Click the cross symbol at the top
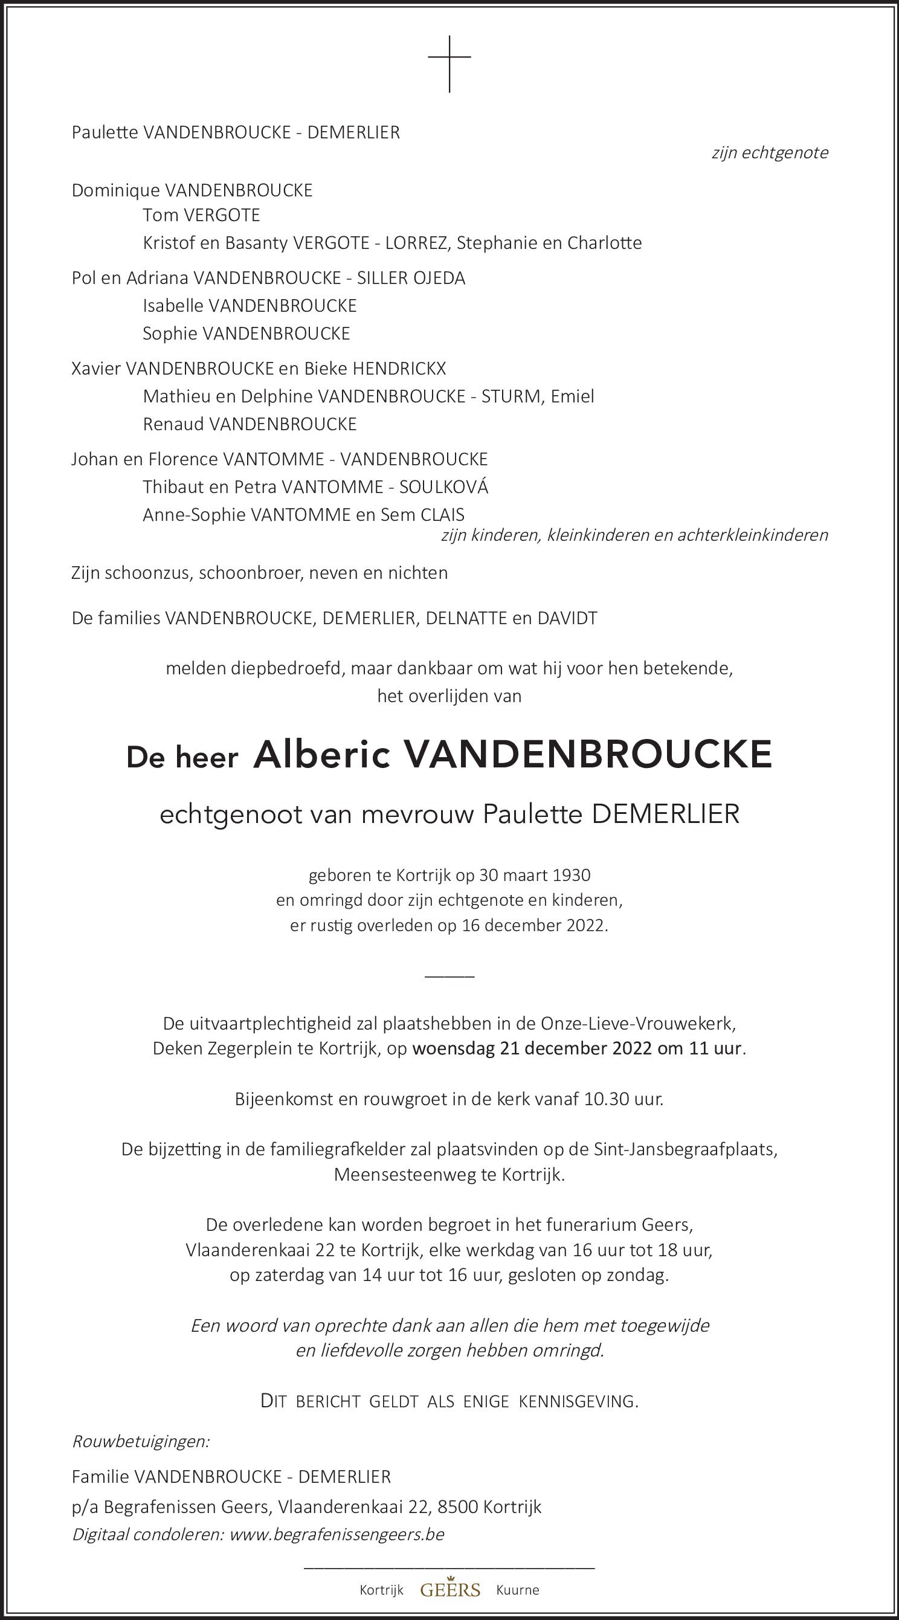pyautogui.click(x=449, y=63)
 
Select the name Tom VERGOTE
pyautogui.click(x=201, y=215)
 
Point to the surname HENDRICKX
pyautogui.click(x=399, y=369)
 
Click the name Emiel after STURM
pyautogui.click(x=572, y=396)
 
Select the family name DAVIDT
pyautogui.click(x=567, y=618)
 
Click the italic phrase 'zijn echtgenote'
pyautogui.click(x=770, y=153)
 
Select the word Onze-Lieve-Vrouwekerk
pyautogui.click(x=637, y=1023)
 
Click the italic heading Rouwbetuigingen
pyautogui.click(x=141, y=1441)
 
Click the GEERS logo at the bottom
pyautogui.click(x=450, y=1589)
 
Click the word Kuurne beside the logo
pyautogui.click(x=517, y=1590)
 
